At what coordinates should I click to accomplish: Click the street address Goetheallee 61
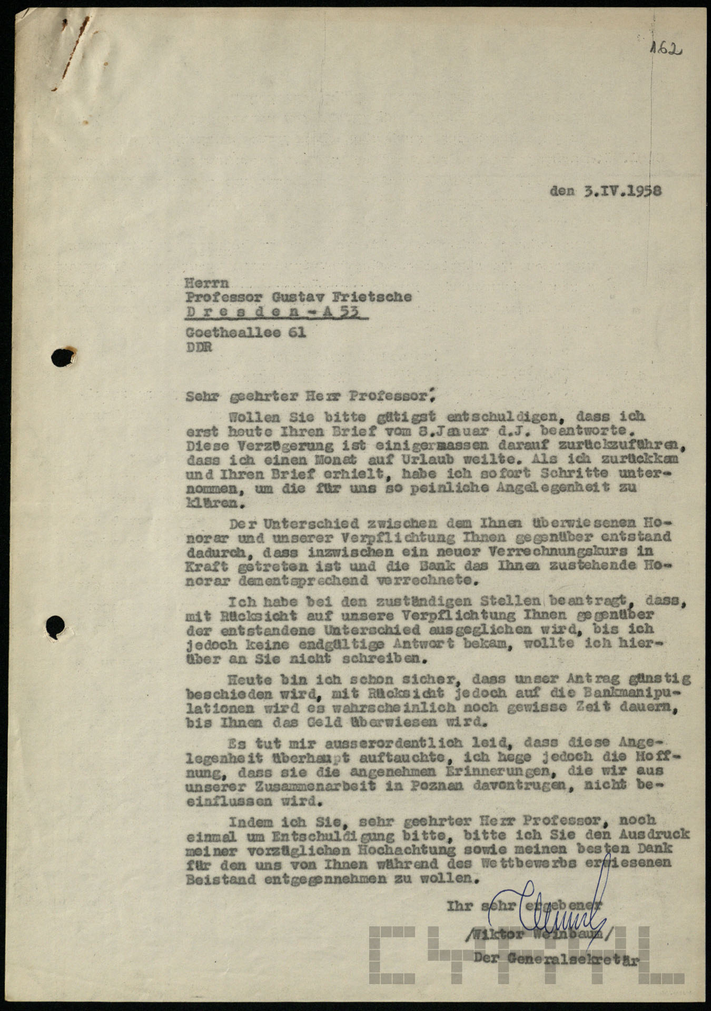coord(245,333)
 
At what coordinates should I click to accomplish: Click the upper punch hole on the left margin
coord(63,358)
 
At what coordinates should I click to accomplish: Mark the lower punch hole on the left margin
coord(56,627)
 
